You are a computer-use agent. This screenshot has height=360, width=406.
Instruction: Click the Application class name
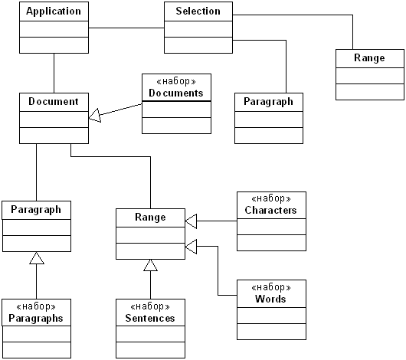pos(54,11)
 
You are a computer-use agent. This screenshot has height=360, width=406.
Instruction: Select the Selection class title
pos(198,11)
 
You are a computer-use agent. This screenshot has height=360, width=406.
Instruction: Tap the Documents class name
pos(176,93)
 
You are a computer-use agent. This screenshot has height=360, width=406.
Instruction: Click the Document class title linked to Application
pos(54,102)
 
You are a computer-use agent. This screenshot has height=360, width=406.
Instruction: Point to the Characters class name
pos(270,210)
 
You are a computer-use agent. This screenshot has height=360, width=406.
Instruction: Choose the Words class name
pos(270,299)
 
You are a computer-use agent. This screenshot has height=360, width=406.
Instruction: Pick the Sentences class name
pos(150,318)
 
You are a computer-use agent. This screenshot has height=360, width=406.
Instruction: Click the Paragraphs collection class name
pos(36,319)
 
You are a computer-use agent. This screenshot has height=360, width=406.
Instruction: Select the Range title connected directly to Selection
pos(369,58)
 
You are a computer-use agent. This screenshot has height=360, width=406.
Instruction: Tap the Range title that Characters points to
pos(150,218)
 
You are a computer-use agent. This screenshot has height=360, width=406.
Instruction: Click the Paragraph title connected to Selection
pos(269,102)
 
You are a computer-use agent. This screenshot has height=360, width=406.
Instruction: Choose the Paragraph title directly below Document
pos(36,210)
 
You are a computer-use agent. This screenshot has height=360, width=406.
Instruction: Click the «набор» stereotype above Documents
pos(176,82)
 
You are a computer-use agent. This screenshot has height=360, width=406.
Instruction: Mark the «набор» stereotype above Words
pos(271,287)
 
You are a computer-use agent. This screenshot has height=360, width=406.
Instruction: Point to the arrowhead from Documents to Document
pos(95,116)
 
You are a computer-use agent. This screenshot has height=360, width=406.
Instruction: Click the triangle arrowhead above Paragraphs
pos(37,258)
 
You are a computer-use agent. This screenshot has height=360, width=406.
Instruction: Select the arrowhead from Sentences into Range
pos(150,265)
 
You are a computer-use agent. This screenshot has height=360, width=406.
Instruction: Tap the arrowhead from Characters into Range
pos(191,221)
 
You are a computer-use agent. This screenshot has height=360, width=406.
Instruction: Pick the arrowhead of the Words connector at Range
pos(191,247)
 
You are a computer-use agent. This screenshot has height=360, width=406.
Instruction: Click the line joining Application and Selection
pos(126,28)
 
